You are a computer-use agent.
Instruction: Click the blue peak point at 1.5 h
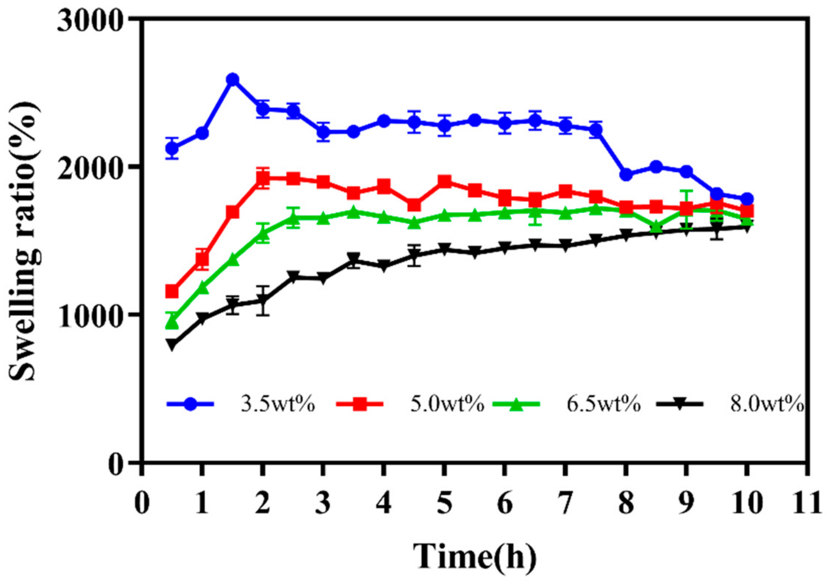coord(232,80)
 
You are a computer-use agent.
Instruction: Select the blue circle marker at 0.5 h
coord(172,148)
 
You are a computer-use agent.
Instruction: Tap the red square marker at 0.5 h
coord(172,291)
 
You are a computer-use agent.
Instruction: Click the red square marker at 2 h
coord(263,178)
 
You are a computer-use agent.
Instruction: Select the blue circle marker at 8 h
coord(626,174)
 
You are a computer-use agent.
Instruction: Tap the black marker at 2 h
coord(263,299)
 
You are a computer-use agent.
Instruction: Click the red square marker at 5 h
coord(444,181)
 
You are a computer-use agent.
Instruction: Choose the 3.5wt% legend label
coord(278,405)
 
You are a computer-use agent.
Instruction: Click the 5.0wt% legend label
coord(447,405)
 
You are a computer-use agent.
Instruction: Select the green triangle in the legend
coord(516,405)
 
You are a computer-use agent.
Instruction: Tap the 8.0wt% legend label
coord(766,405)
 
